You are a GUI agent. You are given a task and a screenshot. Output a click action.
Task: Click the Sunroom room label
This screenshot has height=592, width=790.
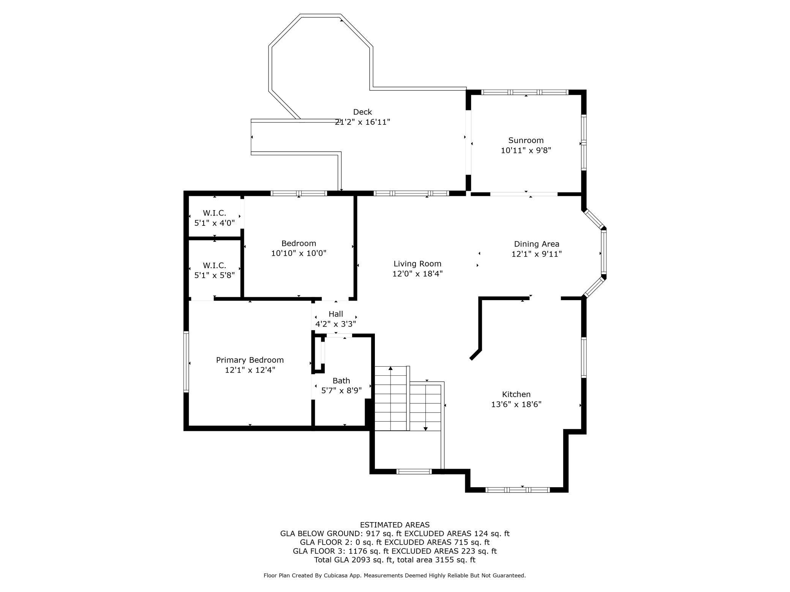coord(526,140)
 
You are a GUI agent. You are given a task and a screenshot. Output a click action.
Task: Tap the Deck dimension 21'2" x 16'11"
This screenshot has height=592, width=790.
coord(362,122)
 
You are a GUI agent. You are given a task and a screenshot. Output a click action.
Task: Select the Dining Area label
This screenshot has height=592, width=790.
coord(536,244)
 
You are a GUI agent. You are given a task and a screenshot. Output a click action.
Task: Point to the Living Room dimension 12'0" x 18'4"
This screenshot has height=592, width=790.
coord(417,274)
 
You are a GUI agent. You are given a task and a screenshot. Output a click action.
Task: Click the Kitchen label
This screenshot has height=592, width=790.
coord(516,394)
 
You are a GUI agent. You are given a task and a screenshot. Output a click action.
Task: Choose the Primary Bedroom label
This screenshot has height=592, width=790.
coord(250,360)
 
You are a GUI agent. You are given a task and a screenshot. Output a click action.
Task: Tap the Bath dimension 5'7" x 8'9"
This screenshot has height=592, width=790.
coord(341,390)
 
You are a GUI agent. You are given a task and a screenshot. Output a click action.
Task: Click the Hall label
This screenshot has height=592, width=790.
coord(336,314)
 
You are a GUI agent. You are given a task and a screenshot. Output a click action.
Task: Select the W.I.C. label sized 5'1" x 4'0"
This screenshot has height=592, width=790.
coord(214,213)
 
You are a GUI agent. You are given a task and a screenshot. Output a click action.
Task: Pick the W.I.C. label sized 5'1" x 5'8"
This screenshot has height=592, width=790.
coord(214,265)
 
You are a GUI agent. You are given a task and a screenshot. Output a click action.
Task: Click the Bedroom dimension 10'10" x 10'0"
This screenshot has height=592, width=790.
coord(299,253)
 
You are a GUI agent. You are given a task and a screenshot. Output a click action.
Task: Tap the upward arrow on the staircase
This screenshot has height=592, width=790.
coord(390,368)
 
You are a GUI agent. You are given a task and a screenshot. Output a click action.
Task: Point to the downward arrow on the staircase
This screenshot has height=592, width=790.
coord(425,428)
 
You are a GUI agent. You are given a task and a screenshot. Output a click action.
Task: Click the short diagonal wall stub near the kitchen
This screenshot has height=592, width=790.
coord(475,355)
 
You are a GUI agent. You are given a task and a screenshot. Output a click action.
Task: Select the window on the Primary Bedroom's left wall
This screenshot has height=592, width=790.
coord(186,361)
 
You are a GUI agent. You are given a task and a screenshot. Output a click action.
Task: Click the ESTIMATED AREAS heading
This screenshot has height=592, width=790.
coord(395,525)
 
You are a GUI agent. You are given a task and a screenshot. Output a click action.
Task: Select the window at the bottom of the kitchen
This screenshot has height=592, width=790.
coord(518,490)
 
